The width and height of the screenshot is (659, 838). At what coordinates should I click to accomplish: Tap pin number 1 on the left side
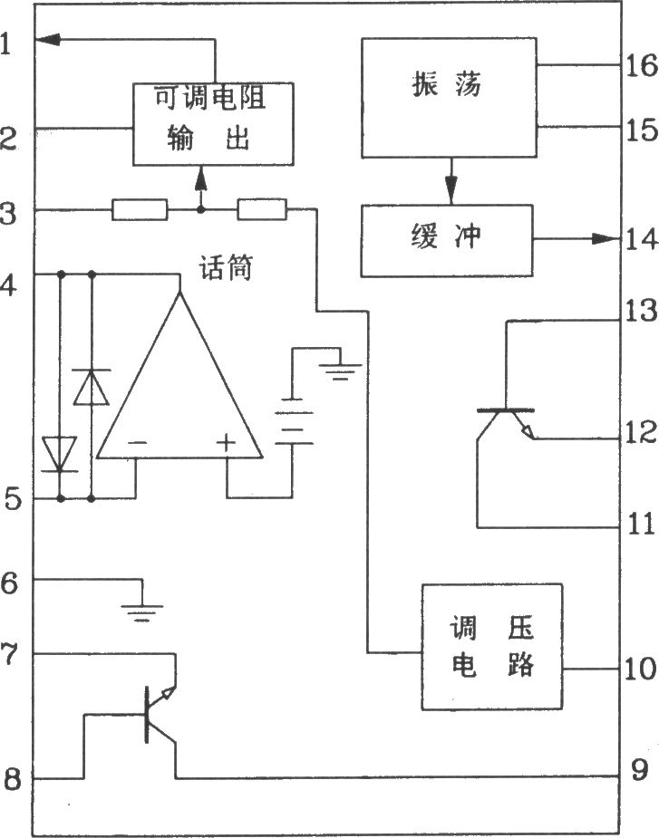pyautogui.click(x=5, y=43)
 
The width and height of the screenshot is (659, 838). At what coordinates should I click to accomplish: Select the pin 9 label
pyautogui.click(x=640, y=770)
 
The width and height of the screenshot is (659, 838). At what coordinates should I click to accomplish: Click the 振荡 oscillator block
pyautogui.click(x=449, y=97)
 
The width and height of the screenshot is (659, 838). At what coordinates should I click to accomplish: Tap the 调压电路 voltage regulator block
pyautogui.click(x=492, y=647)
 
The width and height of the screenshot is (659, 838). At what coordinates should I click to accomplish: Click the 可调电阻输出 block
pyautogui.click(x=213, y=124)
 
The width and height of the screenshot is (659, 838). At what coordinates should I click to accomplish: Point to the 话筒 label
pyautogui.click(x=226, y=267)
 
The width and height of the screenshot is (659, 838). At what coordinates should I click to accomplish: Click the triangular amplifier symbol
pyautogui.click(x=179, y=374)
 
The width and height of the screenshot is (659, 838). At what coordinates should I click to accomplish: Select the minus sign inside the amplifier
pyautogui.click(x=138, y=443)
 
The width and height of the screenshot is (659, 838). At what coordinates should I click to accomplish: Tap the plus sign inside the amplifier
pyautogui.click(x=226, y=443)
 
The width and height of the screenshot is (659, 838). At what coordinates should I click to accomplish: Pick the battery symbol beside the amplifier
pyautogui.click(x=294, y=421)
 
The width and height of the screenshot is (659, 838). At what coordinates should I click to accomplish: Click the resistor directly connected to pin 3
pyautogui.click(x=140, y=210)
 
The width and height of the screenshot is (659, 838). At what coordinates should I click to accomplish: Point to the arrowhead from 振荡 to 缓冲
pyautogui.click(x=451, y=188)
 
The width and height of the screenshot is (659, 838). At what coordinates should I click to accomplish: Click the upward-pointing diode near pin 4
pyautogui.click(x=91, y=387)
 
